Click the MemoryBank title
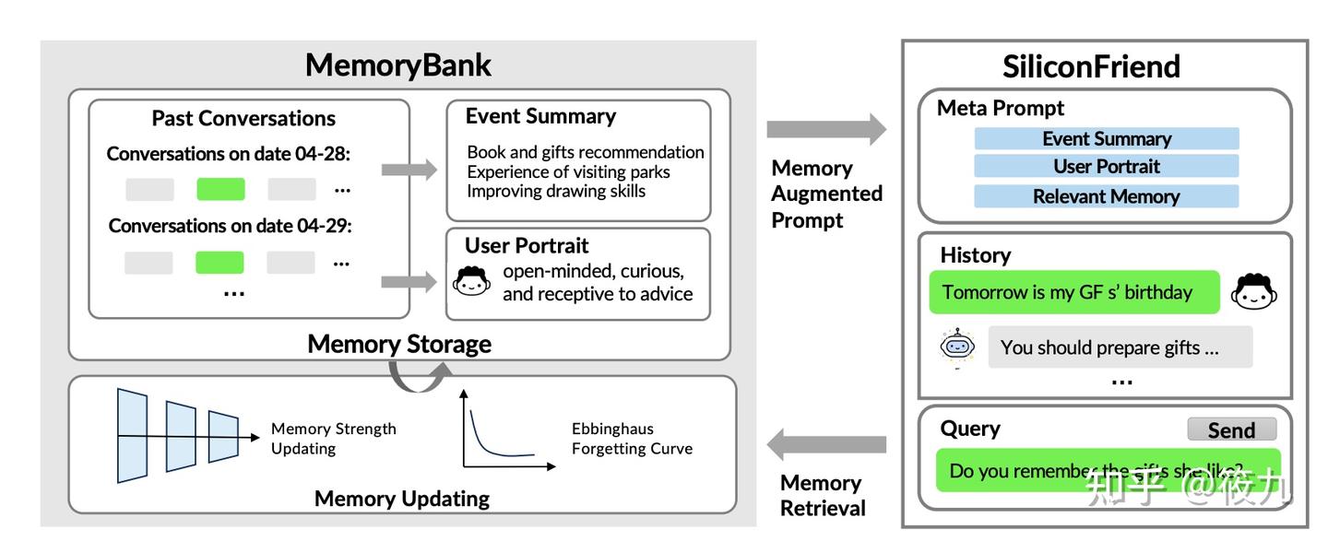(397, 65)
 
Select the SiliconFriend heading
(1091, 66)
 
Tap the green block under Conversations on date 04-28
(220, 189)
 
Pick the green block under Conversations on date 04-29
(219, 263)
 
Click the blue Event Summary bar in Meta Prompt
(1106, 139)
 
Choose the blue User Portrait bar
(1106, 167)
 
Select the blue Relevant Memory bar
(1106, 196)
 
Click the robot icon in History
(957, 347)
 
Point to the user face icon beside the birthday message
(1255, 292)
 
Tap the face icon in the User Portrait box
(472, 281)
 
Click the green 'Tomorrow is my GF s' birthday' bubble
(1073, 292)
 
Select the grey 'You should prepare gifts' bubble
(1120, 347)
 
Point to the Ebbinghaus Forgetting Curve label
(632, 439)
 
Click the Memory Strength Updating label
(333, 439)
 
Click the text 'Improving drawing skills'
(556, 191)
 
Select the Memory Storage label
(398, 344)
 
